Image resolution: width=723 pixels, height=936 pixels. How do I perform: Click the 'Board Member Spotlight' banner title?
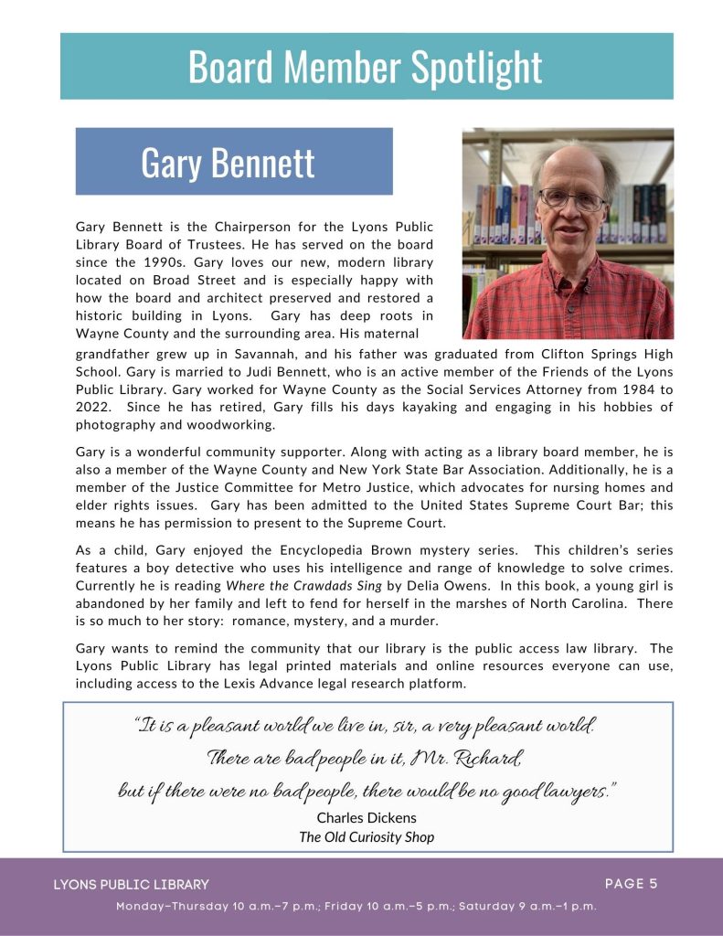click(366, 67)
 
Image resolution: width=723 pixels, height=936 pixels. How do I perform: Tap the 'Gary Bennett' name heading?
click(228, 162)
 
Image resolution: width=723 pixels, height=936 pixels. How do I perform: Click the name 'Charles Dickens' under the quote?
click(366, 817)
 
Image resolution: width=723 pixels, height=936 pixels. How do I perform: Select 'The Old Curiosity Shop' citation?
click(366, 836)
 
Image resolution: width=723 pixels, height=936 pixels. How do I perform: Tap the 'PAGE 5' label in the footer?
click(631, 883)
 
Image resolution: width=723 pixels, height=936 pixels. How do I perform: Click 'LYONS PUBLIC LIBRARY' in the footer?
click(131, 885)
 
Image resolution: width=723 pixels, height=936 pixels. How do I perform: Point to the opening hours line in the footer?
click(356, 906)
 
